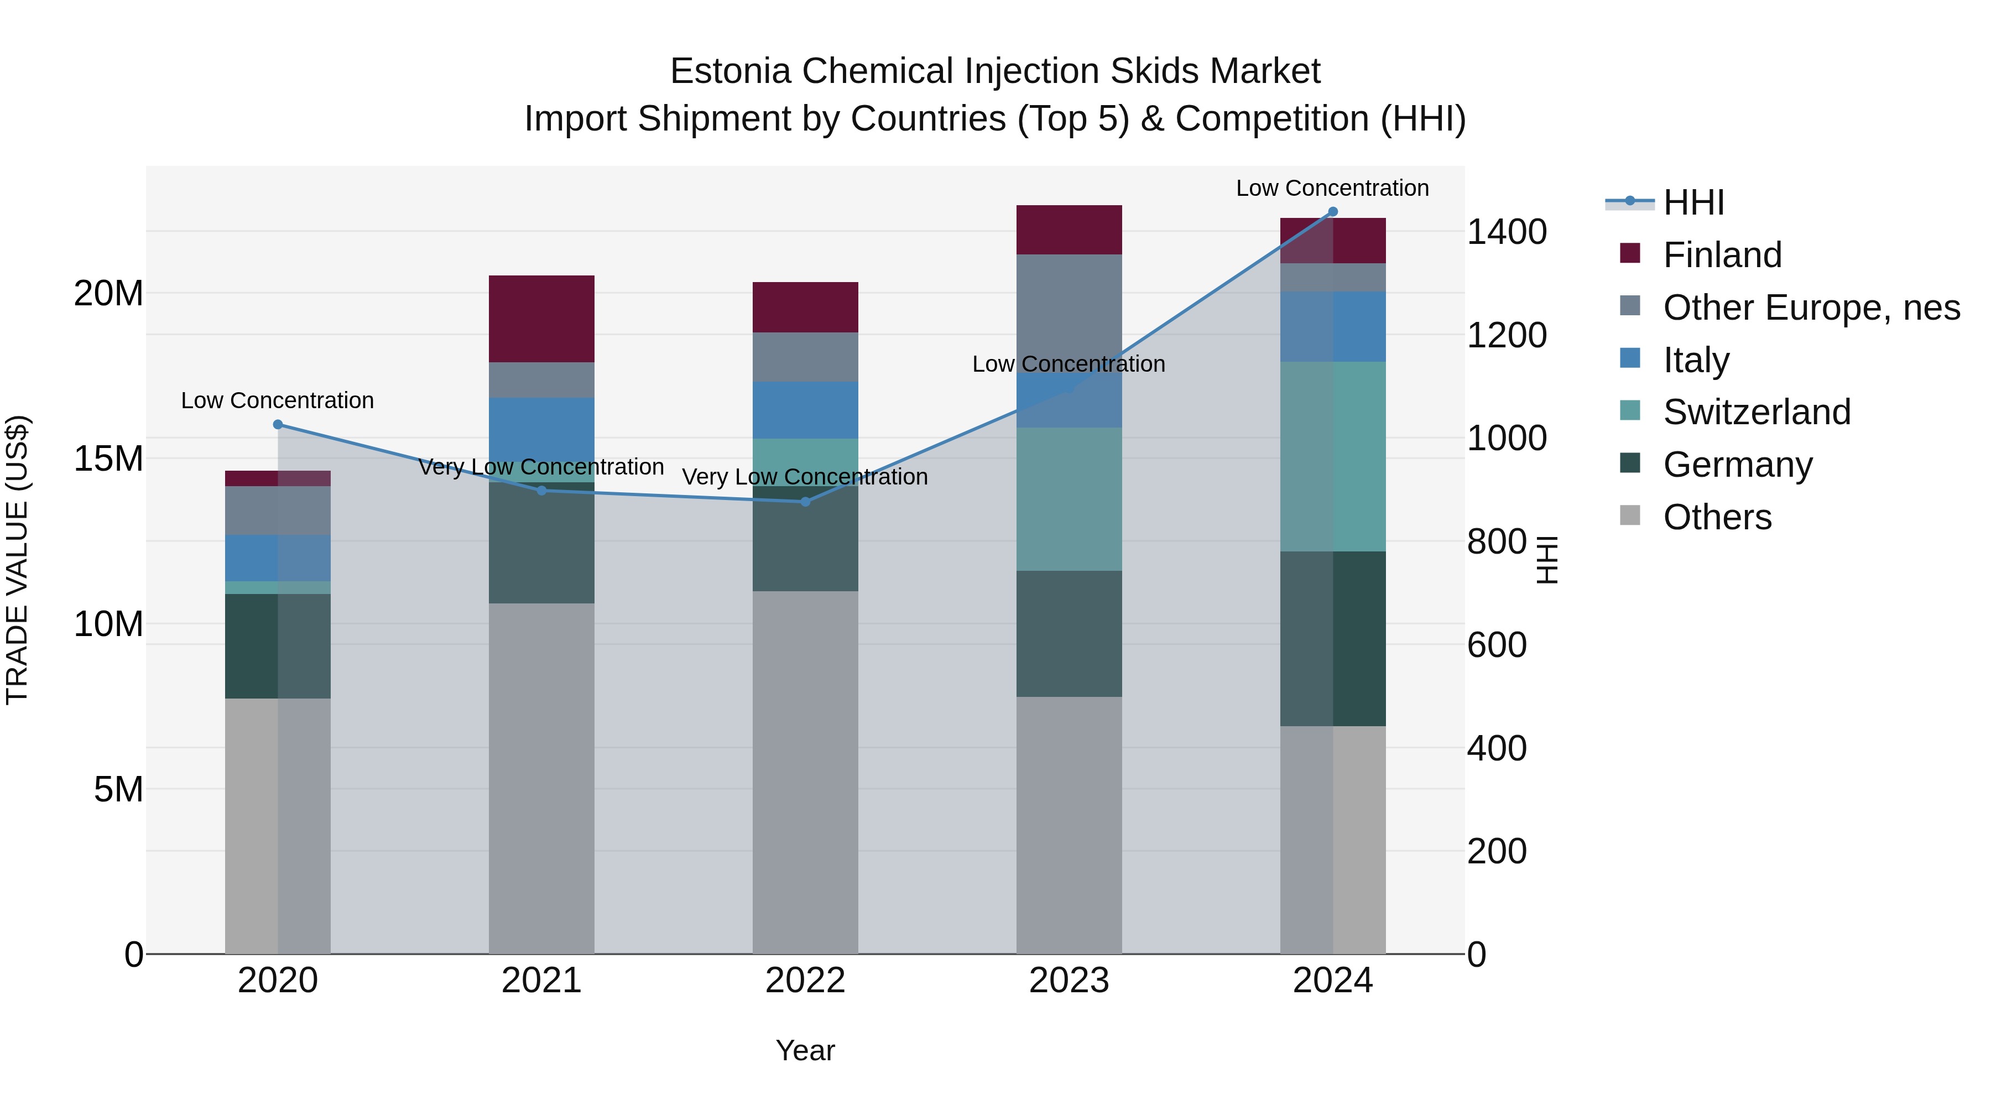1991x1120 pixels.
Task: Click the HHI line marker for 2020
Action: pos(278,424)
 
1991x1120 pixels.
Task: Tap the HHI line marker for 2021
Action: pos(542,491)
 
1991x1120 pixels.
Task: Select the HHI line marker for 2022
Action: pos(805,502)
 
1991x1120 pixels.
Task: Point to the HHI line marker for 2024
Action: pos(1332,212)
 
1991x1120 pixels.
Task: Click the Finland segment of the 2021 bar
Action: pos(542,319)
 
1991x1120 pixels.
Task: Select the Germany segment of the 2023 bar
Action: pos(1069,634)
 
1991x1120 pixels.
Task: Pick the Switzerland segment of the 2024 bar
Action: pos(1332,456)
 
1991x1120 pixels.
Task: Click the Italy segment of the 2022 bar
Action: pos(805,410)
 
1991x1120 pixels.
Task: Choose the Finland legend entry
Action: pos(1722,255)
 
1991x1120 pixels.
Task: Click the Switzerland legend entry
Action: pos(1756,412)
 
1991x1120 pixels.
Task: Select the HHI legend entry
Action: pos(1693,202)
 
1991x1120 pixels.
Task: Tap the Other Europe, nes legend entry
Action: pos(1811,308)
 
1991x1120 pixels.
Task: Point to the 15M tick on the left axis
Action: pos(108,459)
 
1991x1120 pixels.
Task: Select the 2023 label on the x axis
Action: pos(1069,981)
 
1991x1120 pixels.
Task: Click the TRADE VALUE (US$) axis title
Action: pos(17,560)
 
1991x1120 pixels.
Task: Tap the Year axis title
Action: pos(805,1050)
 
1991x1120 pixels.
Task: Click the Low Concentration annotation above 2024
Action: pos(1332,188)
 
